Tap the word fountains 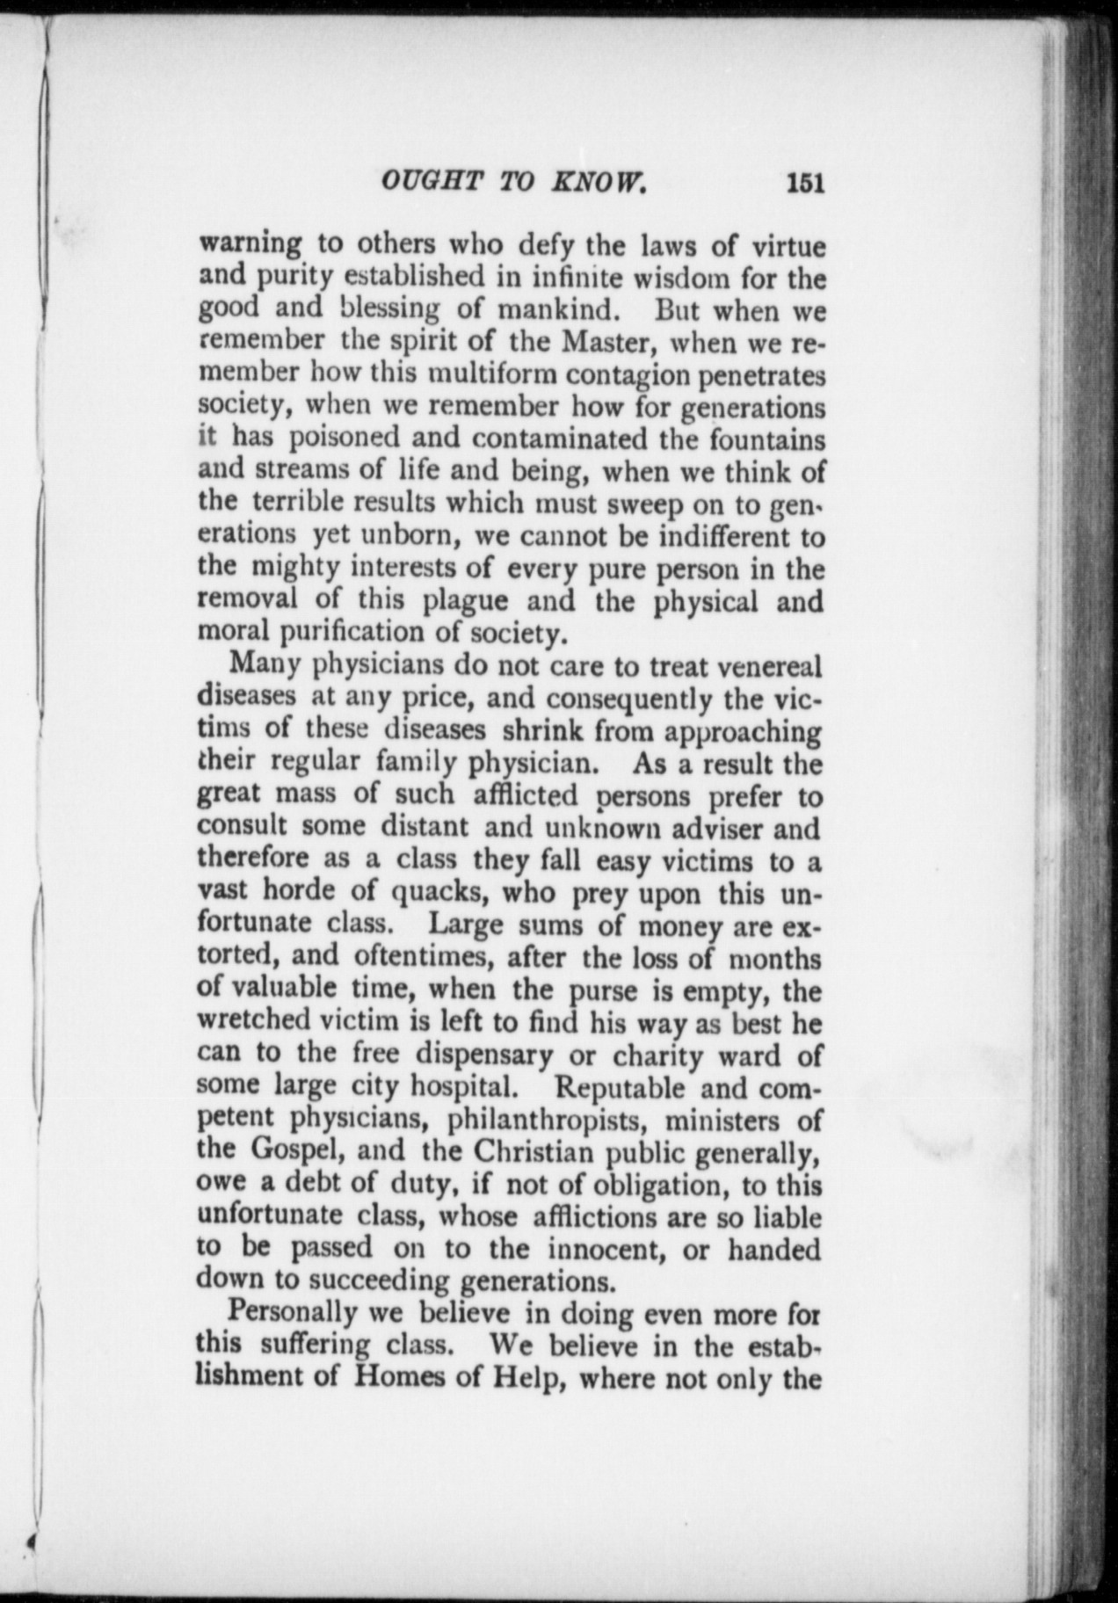(766, 437)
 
